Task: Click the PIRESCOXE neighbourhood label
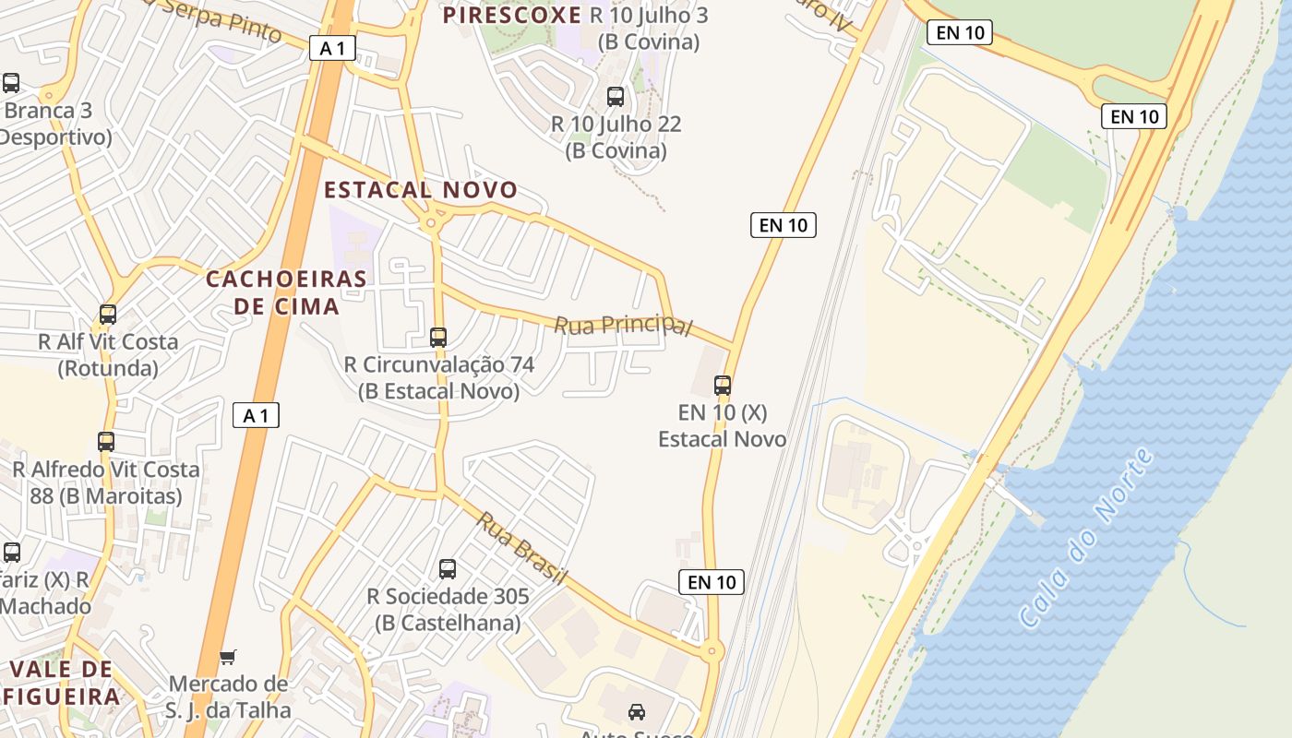coord(511,15)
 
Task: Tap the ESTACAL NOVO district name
coord(421,190)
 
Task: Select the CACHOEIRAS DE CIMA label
coord(286,292)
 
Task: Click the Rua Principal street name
coord(623,326)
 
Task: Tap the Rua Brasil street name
coord(521,548)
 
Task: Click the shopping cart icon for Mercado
coord(228,658)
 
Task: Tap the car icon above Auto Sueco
coord(636,711)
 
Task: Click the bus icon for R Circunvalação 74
coord(438,338)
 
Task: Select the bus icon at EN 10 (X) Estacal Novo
coord(723,386)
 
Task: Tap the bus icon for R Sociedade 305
coord(448,569)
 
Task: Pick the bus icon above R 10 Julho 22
coord(616,96)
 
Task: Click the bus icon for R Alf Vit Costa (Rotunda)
coord(108,315)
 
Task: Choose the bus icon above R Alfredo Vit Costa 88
coord(106,442)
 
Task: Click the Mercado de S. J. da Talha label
coord(228,697)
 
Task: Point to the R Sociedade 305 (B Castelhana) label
coord(448,610)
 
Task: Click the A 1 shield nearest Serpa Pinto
coord(332,48)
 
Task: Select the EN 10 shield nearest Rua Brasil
coord(712,582)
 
